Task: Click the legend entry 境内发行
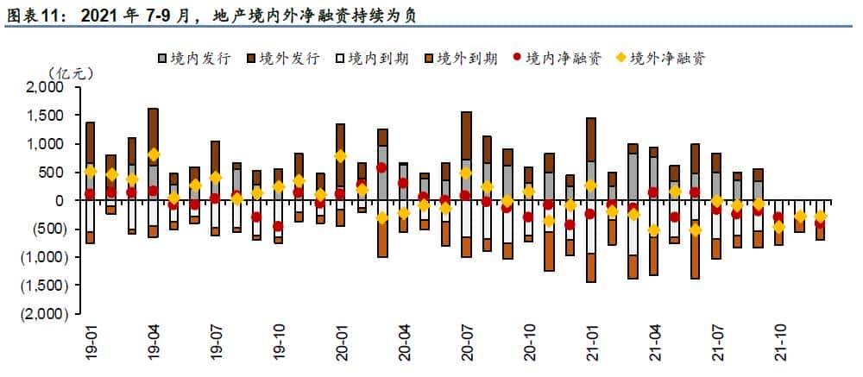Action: (193, 59)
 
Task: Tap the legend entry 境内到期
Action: (372, 59)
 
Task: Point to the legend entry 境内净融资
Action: (556, 59)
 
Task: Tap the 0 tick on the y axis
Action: (60, 200)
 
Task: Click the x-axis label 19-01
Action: (91, 343)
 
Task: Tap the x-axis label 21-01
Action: (592, 343)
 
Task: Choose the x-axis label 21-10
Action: (780, 343)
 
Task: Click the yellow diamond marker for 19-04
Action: (154, 154)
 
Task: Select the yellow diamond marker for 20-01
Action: (340, 156)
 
